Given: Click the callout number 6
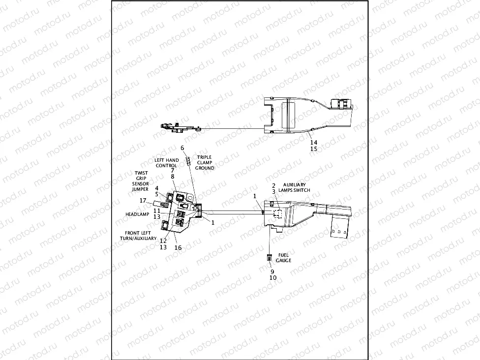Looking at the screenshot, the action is (182, 148).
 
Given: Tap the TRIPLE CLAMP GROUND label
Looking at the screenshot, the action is (205, 163).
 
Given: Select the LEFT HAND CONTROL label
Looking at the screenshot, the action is (167, 163).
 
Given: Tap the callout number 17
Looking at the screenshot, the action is (143, 200).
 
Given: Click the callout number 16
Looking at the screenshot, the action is (178, 247).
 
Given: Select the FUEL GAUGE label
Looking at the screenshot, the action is (284, 257).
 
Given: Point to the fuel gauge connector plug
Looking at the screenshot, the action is (269, 257).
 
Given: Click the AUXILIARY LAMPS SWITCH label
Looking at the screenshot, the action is (295, 187).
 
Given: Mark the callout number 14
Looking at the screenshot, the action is (314, 142).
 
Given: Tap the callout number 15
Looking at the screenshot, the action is (314, 149).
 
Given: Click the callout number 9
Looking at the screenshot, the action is (271, 271).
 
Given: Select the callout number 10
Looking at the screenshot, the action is (273, 277).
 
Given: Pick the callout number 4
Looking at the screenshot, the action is (156, 188).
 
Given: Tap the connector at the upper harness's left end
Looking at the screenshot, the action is (164, 126).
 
